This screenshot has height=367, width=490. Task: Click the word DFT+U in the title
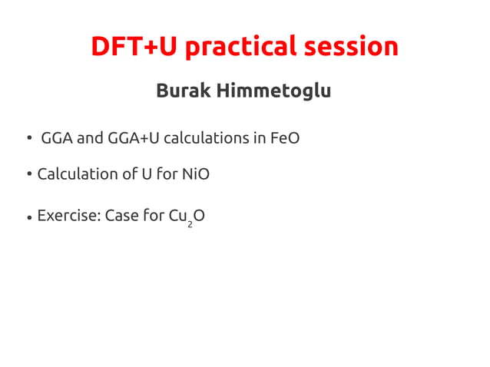134,47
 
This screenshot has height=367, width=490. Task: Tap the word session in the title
351,47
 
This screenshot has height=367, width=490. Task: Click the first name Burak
183,91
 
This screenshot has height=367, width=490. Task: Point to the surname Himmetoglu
273,91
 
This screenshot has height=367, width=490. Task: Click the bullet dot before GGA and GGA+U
28,140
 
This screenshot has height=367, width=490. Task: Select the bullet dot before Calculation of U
28,174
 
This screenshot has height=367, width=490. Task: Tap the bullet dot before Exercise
28,217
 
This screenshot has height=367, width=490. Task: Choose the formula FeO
285,139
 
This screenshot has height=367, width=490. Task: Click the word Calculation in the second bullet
76,174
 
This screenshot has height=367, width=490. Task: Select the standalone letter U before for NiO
146,174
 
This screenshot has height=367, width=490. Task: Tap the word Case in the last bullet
121,216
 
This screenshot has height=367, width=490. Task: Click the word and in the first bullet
89,139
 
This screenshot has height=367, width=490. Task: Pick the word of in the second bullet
128,174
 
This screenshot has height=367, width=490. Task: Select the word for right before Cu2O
154,216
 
